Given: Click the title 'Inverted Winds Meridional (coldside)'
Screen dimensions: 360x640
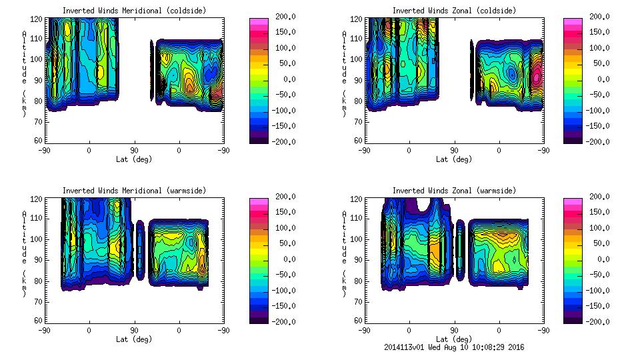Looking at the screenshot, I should (x=134, y=11).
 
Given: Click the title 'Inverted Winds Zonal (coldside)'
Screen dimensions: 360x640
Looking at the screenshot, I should (x=454, y=11).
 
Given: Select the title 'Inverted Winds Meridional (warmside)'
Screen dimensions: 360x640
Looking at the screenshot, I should (x=134, y=191).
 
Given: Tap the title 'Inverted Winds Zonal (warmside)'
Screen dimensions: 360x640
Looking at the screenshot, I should (x=454, y=191).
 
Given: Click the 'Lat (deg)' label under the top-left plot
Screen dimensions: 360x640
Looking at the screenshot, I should (x=134, y=159).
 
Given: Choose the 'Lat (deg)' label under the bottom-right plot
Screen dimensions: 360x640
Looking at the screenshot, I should (x=454, y=339).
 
